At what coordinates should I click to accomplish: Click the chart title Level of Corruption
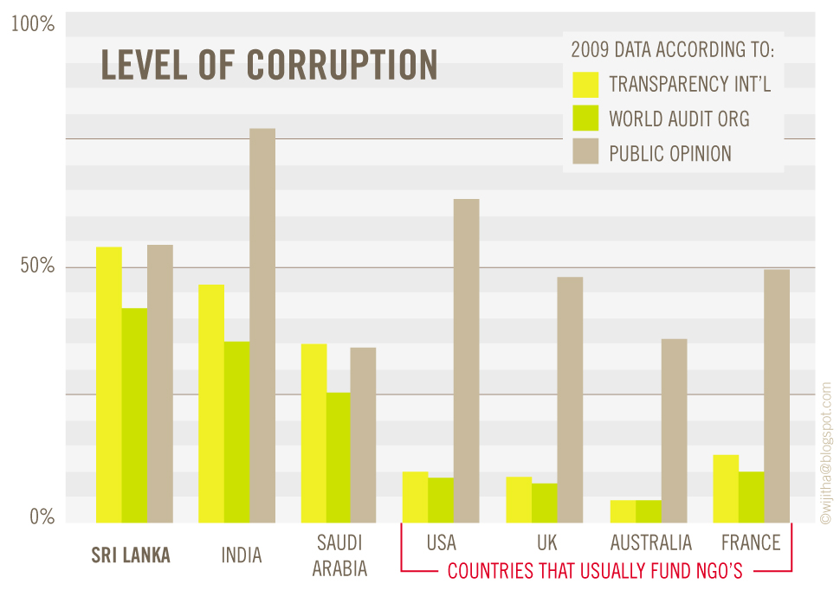268,66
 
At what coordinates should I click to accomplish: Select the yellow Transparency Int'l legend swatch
586,85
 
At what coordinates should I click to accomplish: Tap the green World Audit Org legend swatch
586,119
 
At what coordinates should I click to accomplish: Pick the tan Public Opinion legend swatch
586,153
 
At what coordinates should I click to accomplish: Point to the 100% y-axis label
33,25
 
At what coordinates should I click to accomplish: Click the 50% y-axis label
37,266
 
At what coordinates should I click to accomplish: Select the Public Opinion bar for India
262,325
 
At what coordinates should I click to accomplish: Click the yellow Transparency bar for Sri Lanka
109,385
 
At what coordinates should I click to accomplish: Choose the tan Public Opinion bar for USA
466,361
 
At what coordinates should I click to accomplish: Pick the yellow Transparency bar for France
726,489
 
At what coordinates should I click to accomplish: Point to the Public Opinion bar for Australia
674,431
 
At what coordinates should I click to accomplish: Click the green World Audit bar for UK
544,503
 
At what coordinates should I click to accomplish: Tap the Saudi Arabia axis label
339,555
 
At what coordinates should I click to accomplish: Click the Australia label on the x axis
651,543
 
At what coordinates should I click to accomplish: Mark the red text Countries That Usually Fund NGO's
596,571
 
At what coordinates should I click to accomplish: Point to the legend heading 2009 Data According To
672,49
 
